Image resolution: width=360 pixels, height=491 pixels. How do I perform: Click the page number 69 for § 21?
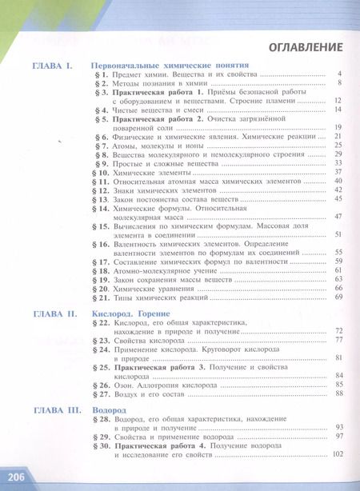(338, 297)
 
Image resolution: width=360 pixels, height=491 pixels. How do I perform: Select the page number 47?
(338, 216)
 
